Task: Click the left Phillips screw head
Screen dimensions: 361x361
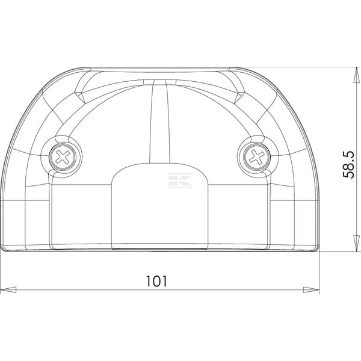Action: [x=63, y=158]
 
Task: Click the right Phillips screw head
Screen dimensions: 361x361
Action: [x=257, y=158]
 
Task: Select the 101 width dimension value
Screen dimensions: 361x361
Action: [x=156, y=281]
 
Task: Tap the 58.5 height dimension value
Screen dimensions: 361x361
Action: [x=348, y=165]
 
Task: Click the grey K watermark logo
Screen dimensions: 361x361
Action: [x=180, y=180]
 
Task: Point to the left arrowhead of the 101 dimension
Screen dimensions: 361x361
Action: [x=8, y=290]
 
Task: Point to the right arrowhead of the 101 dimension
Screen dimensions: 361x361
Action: [x=311, y=290]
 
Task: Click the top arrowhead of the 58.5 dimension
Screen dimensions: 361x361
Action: [x=356, y=75]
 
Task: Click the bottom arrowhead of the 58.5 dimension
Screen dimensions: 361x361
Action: [x=356, y=244]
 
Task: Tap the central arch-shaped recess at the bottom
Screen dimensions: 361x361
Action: [x=160, y=206]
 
